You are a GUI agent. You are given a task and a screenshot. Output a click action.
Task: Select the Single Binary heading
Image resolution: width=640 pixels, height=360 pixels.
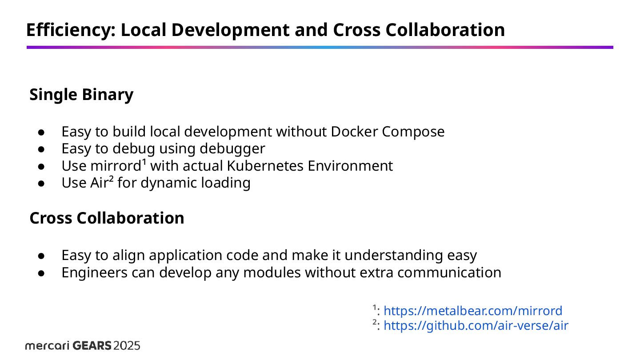[x=81, y=95]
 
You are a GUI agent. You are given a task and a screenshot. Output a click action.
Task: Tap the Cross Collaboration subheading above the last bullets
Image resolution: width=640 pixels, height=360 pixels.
[x=107, y=218]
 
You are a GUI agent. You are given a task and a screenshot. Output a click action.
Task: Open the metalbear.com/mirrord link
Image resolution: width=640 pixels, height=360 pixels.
[x=472, y=311]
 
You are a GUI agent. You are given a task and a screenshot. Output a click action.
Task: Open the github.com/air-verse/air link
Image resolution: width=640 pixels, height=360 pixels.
[x=476, y=326]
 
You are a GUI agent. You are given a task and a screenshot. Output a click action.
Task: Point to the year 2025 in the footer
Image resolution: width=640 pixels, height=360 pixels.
[x=127, y=346]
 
